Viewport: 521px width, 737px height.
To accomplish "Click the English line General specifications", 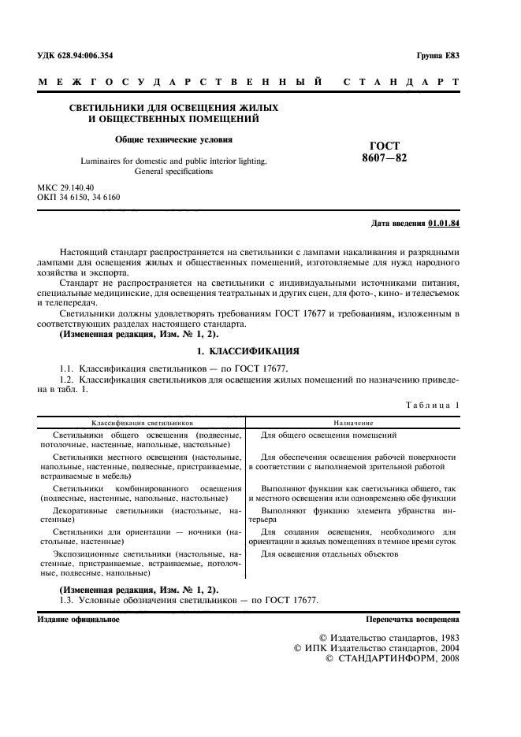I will [x=174, y=171].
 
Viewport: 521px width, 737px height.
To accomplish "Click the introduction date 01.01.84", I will [x=444, y=224].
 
